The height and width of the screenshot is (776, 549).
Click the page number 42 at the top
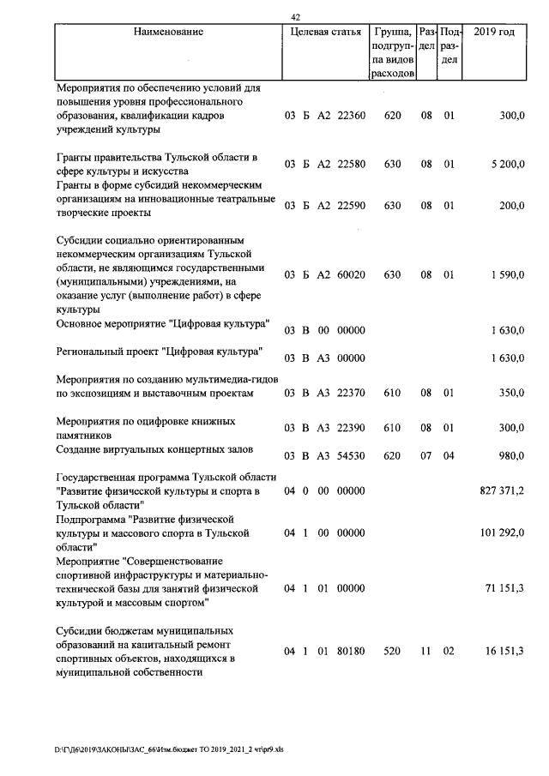coord(296,16)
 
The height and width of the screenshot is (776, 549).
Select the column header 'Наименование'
coord(168,32)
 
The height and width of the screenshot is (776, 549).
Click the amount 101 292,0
coord(502,532)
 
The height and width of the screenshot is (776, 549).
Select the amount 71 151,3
coord(505,589)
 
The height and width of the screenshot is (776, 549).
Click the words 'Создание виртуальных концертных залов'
coord(155,449)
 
